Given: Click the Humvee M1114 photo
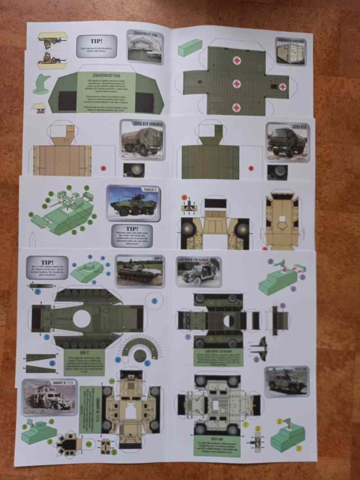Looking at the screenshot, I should [49, 396].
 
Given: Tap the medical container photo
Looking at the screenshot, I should [290, 51].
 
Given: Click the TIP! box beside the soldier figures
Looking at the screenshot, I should [97, 46].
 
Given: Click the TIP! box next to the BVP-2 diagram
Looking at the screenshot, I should [47, 268].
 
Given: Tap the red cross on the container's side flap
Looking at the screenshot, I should [283, 86].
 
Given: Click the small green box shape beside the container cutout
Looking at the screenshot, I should [189, 47].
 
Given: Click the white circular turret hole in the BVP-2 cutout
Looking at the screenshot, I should [82, 319].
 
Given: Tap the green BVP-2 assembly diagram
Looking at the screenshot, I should [88, 270].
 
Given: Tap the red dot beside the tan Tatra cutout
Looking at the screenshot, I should [103, 168].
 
